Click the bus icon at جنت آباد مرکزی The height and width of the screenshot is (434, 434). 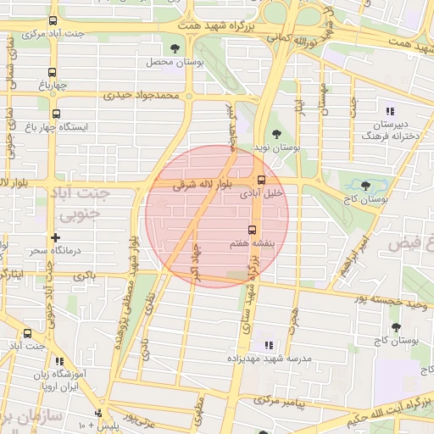pyautogui.click(x=53, y=20)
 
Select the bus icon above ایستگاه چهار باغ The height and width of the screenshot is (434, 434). pyautogui.click(x=57, y=114)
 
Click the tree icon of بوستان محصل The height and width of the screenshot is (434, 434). pyautogui.click(x=175, y=48)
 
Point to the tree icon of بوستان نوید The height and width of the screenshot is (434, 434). pyautogui.click(x=276, y=132)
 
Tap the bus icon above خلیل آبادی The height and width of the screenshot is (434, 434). pyautogui.click(x=261, y=180)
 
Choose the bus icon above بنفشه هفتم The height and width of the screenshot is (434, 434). pyautogui.click(x=251, y=230)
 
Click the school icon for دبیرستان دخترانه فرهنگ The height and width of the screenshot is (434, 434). pyautogui.click(x=390, y=111)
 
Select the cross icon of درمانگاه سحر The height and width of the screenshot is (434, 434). pyautogui.click(x=55, y=238)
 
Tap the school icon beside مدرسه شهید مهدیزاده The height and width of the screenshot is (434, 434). pyautogui.click(x=269, y=345)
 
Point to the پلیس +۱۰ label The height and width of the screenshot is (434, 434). pyautogui.click(x=88, y=422)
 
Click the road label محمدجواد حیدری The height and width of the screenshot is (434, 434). pyautogui.click(x=142, y=96)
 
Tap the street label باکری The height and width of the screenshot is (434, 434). pyautogui.click(x=84, y=276)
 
